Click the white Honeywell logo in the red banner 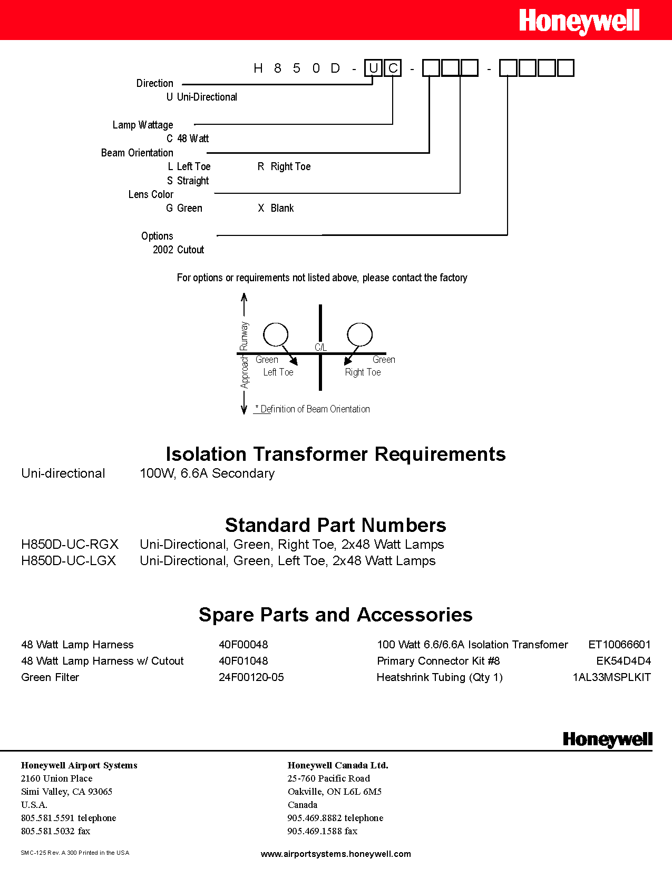coord(579,22)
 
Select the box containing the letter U coord(373,68)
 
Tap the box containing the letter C coord(393,68)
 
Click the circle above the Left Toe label coord(276,334)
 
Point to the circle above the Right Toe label coord(359,334)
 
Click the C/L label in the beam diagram coord(320,347)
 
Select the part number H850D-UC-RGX coord(70,544)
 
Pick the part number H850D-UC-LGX coord(69,560)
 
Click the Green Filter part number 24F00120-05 coord(251,677)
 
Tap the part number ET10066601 coord(619,645)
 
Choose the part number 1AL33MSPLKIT coord(611,677)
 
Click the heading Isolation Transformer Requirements coord(336,454)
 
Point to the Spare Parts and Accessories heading coord(336,615)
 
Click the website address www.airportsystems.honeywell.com coord(336,854)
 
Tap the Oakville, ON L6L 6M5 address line coord(334,792)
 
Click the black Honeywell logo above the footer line coord(607,739)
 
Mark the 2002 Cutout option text coord(178,250)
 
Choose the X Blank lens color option coord(276,208)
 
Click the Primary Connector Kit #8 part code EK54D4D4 coord(624,661)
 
